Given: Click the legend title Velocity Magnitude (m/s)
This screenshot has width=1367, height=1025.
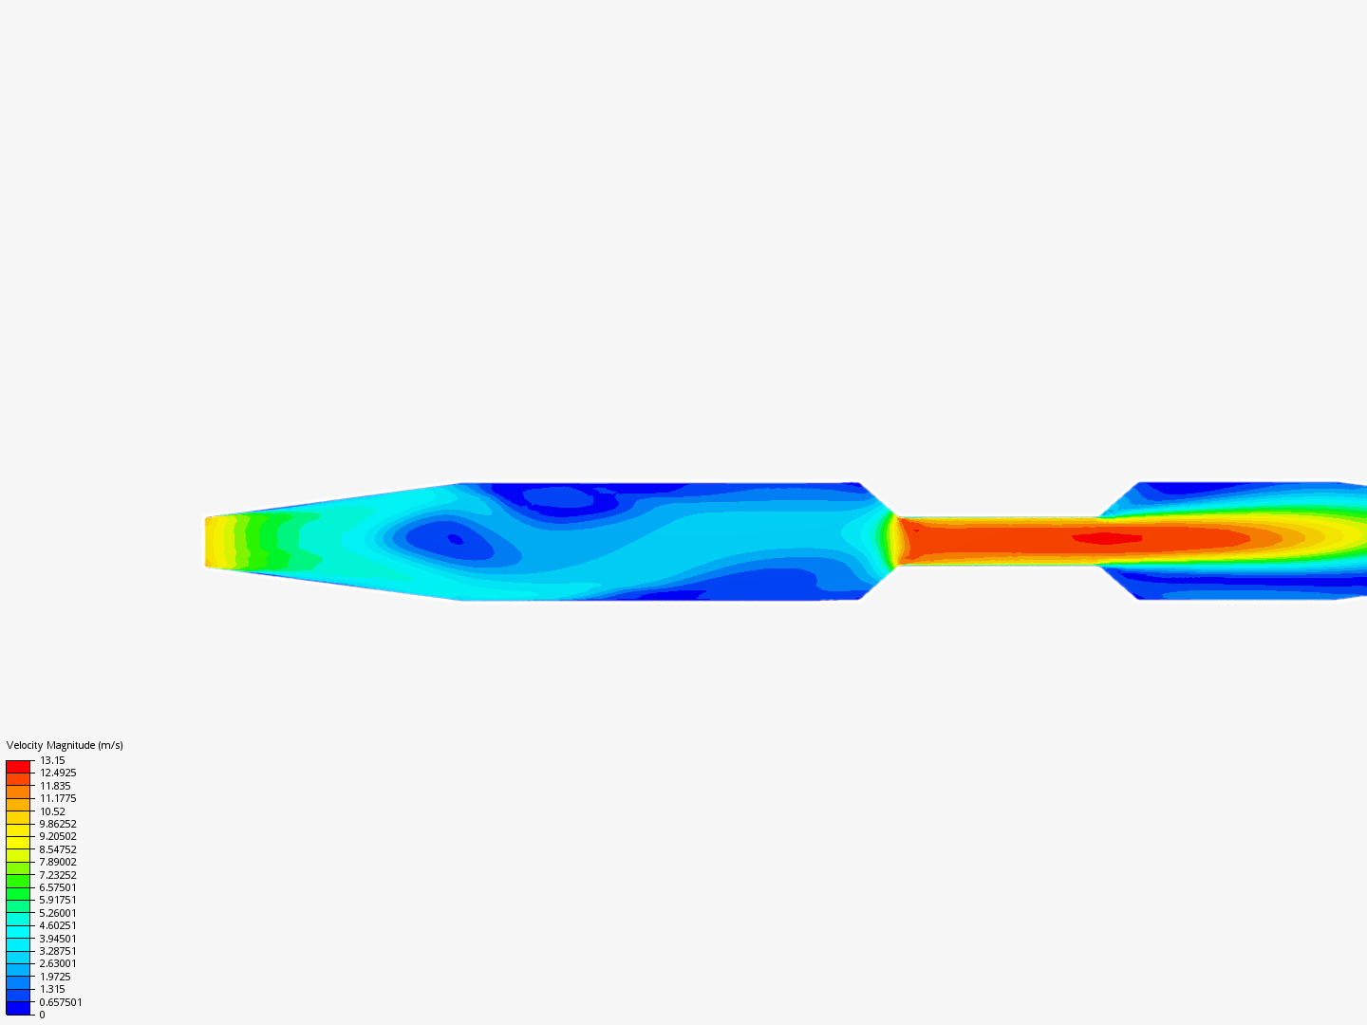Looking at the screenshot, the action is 65,745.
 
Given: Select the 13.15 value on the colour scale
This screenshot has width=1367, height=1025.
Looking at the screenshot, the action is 52,760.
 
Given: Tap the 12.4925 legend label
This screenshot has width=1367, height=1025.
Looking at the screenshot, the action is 58,773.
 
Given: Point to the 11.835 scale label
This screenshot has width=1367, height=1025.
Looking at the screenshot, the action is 55,786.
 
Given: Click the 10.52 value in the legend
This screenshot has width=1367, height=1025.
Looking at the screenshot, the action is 52,811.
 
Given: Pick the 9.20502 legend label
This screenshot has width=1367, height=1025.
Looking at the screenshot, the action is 58,836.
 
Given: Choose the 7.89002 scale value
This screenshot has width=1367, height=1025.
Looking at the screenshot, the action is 58,862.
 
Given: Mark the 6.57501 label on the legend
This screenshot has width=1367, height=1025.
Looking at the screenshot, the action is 58,887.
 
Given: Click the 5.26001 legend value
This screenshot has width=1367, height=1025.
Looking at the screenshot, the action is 58,913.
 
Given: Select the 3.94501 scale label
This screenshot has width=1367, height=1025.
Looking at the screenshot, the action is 58,939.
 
